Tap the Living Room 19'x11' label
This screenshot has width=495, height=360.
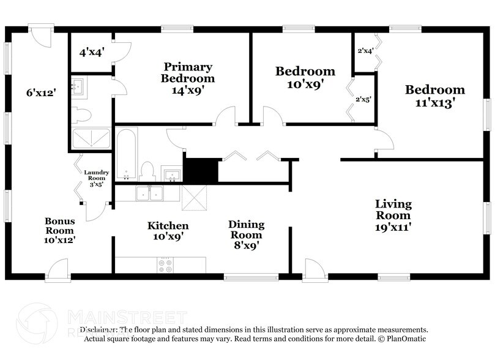(393, 215)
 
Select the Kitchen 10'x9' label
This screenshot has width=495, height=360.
(168, 231)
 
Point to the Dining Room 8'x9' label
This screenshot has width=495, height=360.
(245, 234)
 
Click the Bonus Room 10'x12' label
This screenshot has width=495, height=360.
(60, 230)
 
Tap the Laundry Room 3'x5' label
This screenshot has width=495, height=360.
(96, 178)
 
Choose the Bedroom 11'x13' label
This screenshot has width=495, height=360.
(430, 97)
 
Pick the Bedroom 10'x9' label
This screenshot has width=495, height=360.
(305, 78)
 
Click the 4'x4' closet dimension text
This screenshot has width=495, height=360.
(92, 53)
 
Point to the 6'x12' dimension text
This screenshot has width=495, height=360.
(41, 93)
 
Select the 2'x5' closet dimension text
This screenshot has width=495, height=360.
(363, 99)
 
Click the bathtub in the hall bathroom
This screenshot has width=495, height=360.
(127, 153)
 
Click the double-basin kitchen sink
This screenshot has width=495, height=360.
(149, 193)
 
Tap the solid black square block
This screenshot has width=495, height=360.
(201, 171)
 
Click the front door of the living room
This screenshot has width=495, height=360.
(314, 270)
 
